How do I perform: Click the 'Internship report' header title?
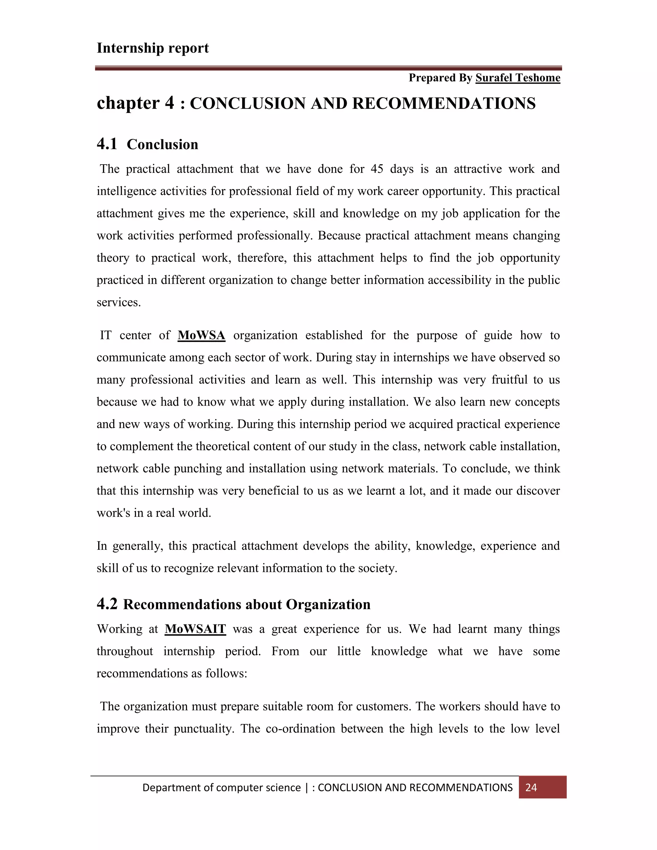pos(153,48)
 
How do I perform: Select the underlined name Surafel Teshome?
pos(518,78)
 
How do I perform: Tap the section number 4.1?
pos(107,144)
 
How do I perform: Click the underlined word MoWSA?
pos(201,335)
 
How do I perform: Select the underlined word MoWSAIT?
pos(195,629)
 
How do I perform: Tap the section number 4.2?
pos(107,604)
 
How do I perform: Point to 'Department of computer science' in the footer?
pos(221,788)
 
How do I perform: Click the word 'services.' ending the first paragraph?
pos(119,302)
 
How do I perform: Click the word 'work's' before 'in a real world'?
pos(113,513)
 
